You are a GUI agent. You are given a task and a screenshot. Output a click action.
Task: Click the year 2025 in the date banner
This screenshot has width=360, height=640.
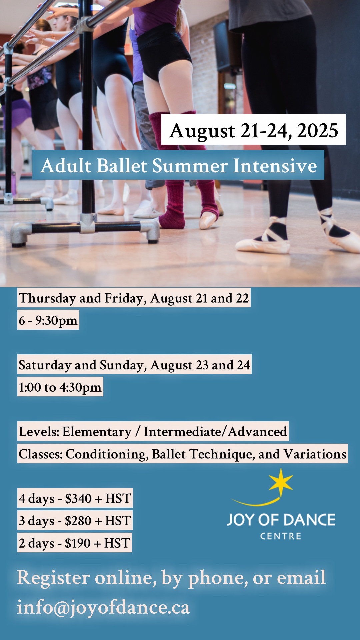pyautogui.click(x=318, y=131)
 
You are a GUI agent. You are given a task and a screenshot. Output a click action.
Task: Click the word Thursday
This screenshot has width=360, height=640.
pyautogui.click(x=47, y=298)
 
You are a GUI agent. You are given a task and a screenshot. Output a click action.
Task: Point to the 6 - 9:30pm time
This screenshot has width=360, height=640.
pyautogui.click(x=48, y=320)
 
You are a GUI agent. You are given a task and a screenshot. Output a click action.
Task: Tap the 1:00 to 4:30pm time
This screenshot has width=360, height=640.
pyautogui.click(x=60, y=387)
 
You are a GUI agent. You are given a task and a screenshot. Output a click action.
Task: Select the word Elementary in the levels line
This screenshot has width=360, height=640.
pyautogui.click(x=97, y=432)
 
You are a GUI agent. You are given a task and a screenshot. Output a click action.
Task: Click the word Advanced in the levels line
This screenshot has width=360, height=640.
pyautogui.click(x=258, y=431)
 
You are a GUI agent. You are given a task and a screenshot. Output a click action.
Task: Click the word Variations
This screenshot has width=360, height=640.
pyautogui.click(x=315, y=454)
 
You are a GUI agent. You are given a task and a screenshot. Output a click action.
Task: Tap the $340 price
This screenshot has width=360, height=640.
pyautogui.click(x=78, y=498)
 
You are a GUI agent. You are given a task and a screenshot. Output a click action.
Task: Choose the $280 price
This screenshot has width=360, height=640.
pyautogui.click(x=78, y=521)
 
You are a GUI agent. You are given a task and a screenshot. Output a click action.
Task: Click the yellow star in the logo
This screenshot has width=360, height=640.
pyautogui.click(x=281, y=482)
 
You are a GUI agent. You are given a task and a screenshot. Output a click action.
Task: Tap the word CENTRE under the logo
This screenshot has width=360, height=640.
pyautogui.click(x=281, y=536)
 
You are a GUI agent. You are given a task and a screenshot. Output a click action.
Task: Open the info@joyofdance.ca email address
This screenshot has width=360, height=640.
pyautogui.click(x=103, y=607)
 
